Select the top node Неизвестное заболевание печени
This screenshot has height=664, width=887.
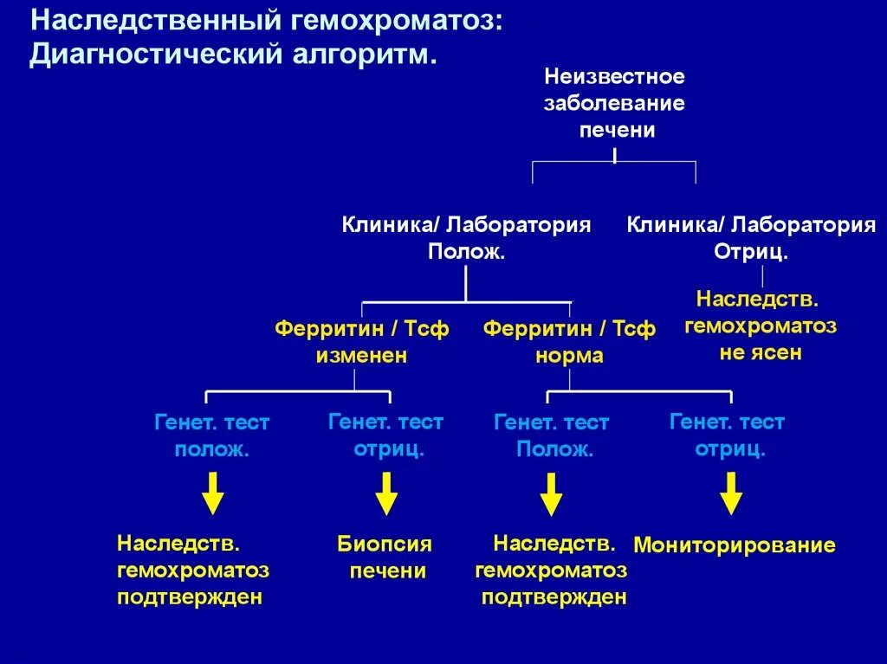coord(614,104)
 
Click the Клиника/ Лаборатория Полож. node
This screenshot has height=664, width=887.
coord(466,238)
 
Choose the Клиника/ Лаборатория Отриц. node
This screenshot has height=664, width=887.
coord(751,238)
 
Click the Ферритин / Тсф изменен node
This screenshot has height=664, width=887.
coord(361,342)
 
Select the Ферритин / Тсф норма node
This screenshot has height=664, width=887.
coord(569,342)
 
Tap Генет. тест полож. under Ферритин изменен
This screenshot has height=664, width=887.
coord(211,436)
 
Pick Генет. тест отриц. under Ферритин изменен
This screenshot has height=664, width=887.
coord(386,435)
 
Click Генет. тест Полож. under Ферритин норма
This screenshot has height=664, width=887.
coord(552,436)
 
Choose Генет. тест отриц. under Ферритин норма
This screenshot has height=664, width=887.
coord(728,435)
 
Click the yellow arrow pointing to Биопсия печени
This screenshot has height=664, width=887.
coord(386,493)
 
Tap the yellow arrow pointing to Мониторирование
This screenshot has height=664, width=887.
coord(732,493)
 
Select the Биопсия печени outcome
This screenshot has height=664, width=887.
coord(385,558)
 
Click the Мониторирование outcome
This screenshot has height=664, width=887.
coord(735,545)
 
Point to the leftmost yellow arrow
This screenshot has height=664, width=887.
coord(212,493)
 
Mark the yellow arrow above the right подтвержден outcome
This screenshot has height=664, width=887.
coord(551,493)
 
